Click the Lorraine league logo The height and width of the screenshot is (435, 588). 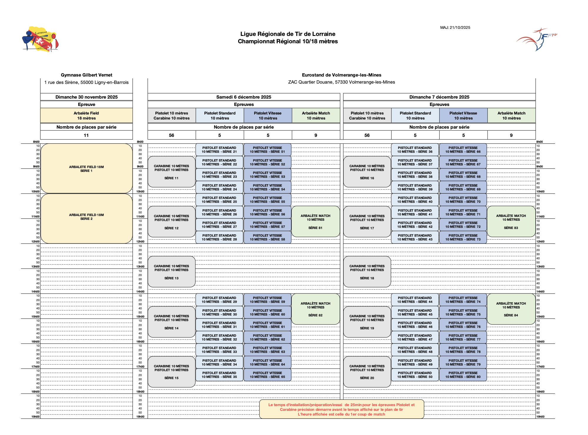[x=40, y=39]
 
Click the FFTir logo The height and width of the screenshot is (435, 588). [x=536, y=39]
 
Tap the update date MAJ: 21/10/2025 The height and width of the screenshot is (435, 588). [x=455, y=28]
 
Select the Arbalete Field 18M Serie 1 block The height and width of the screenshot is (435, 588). [x=87, y=169]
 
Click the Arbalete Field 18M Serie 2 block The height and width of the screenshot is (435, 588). [x=87, y=218]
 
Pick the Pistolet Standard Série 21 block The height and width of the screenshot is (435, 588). [x=219, y=150]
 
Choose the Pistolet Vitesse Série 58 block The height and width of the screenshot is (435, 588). [x=268, y=238]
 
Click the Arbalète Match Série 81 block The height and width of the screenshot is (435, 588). [x=315, y=222]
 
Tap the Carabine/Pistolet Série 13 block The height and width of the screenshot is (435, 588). [x=172, y=272]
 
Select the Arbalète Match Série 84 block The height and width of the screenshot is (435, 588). [x=511, y=309]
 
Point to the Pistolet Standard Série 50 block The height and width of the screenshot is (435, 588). [x=415, y=375]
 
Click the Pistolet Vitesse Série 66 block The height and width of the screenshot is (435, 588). [x=463, y=150]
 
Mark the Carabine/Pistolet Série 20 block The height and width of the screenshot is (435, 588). [x=367, y=372]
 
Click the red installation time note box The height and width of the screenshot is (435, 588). [x=341, y=409]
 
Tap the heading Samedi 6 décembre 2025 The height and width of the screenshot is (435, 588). [x=244, y=97]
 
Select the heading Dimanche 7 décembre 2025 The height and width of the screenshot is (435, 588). [x=439, y=97]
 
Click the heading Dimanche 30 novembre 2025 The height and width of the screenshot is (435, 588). [x=87, y=97]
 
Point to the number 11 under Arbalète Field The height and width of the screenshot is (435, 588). [x=86, y=135]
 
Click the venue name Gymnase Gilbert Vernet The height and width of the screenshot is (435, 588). [x=87, y=75]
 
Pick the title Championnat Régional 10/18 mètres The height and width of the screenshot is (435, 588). [x=288, y=41]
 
